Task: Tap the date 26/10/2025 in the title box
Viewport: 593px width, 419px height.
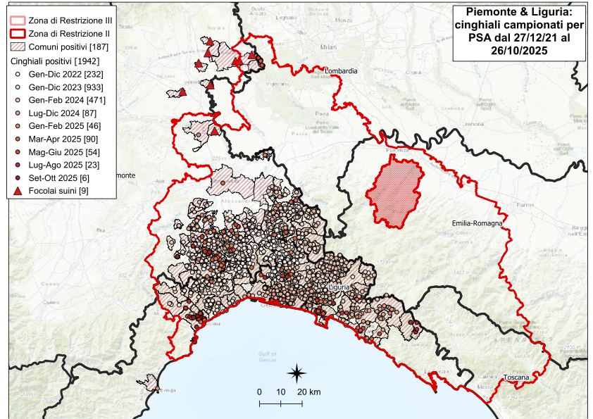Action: click(518, 51)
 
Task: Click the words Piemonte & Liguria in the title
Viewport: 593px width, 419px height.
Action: click(518, 12)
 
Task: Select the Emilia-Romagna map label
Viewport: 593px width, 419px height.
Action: click(477, 223)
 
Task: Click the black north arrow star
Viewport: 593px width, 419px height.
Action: click(297, 372)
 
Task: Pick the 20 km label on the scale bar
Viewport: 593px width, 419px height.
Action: click(308, 392)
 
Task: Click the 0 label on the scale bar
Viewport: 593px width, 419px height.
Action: click(259, 392)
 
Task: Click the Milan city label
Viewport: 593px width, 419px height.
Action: click(325, 46)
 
